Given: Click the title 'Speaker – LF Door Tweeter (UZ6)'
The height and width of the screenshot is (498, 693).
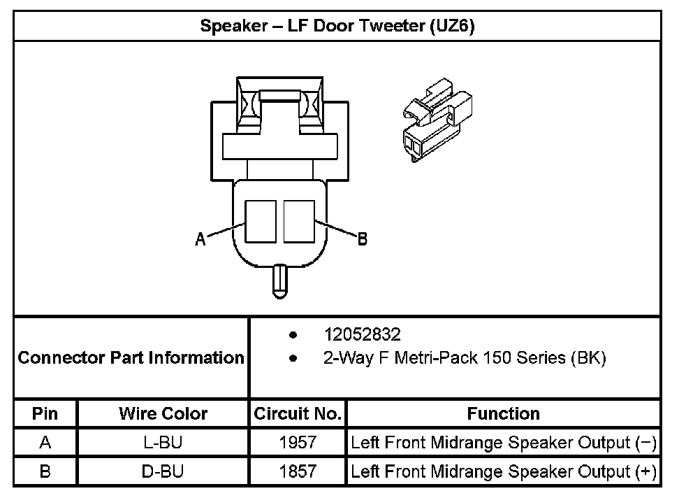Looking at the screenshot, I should pos(337,26).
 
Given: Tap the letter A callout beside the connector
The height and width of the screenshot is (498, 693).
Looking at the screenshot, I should pos(200,239).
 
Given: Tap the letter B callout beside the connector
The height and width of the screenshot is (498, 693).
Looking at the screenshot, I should pos(362,239).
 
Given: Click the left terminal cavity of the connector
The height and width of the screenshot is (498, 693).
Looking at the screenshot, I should pos(261,221).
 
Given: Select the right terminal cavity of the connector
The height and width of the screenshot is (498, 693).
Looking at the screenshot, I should pos(299,221).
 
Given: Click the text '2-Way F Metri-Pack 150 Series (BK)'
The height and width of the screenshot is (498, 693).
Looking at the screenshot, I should pos(464,359).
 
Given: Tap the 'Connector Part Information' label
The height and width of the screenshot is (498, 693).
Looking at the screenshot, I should pos(131,358).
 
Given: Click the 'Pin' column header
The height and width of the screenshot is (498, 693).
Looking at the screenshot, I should pos(45,413).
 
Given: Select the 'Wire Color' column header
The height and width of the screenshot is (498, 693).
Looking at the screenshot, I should pos(163,413).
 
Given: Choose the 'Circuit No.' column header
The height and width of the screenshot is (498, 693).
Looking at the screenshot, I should pos(298,413).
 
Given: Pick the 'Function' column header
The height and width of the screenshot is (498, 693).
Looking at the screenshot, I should pos(503,413).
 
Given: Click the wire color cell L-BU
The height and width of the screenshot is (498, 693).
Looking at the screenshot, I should pos(163,443).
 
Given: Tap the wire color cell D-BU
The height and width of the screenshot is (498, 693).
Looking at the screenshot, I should pos(163,471).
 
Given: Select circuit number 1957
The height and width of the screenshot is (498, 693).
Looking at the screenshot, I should pos(298,443).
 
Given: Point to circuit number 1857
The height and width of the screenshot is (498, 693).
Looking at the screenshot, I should pos(298,471).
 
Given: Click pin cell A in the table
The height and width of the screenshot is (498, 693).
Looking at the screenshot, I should pos(45,443).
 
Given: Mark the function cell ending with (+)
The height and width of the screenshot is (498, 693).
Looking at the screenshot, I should pos(503,471).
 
